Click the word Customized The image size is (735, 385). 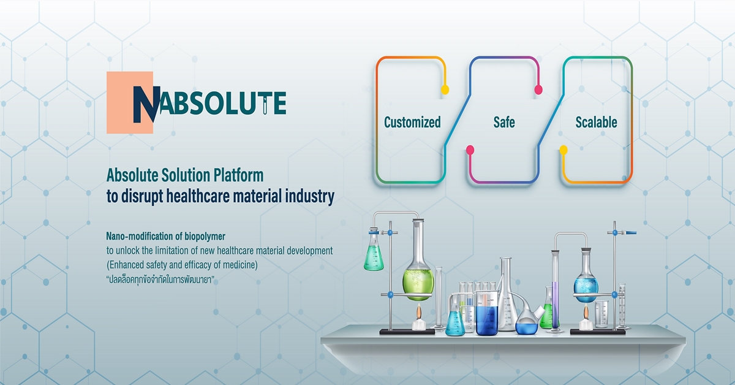412,123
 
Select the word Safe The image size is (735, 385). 504,122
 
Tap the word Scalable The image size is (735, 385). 596,122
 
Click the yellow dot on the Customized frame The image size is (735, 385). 445,90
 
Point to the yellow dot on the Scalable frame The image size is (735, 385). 563,150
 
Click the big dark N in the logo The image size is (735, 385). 146,104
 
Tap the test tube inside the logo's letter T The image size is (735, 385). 265,105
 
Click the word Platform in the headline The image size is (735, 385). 238,175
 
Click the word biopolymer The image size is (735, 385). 205,237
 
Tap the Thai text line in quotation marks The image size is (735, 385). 160,280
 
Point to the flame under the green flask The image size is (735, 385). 419,312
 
